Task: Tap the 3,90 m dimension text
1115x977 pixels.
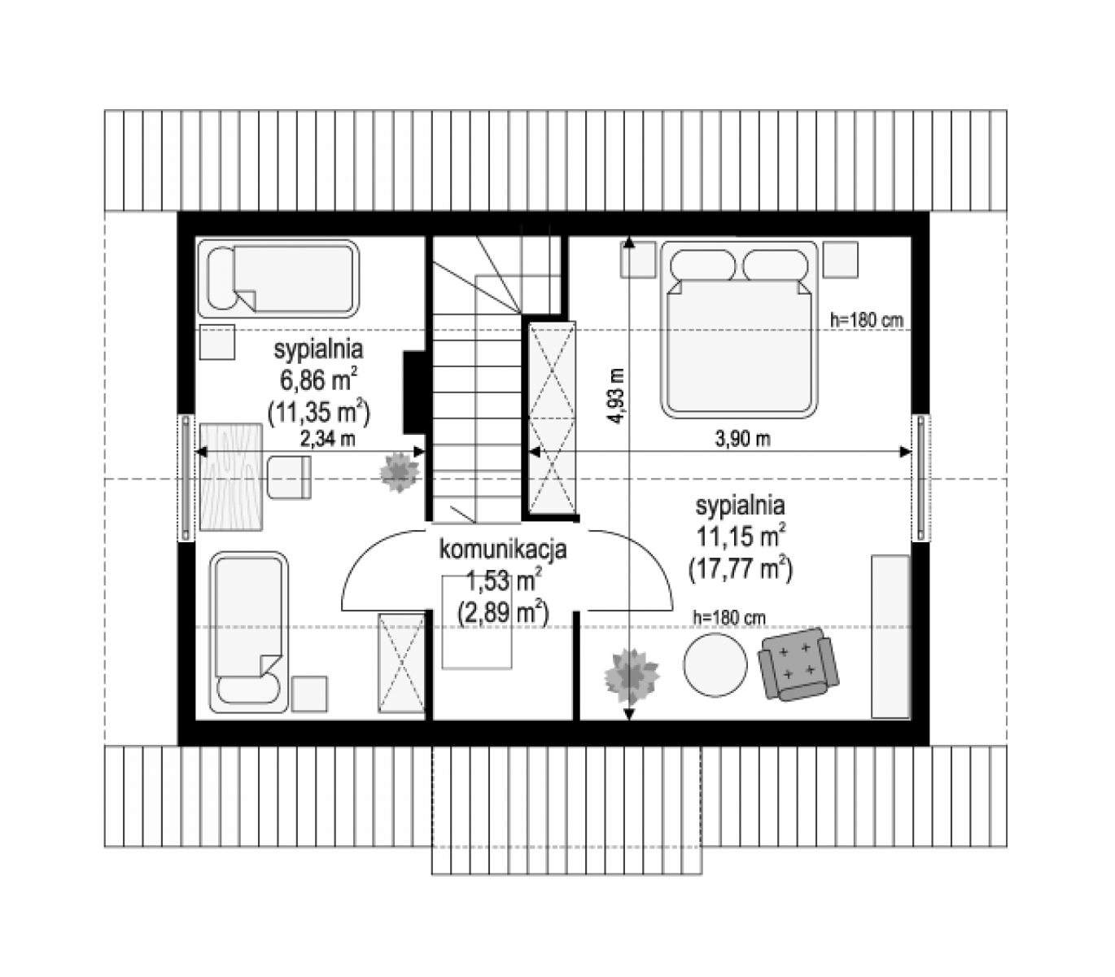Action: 742,439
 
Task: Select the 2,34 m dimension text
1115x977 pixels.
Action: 327,438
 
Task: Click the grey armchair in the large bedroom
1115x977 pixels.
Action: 798,664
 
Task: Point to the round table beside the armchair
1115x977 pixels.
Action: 715,664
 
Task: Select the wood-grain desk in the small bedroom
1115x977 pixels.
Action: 231,476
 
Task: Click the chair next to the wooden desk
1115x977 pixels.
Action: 289,477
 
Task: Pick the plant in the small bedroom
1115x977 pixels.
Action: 400,471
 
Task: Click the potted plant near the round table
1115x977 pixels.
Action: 632,676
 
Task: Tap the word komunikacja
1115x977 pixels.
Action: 502,550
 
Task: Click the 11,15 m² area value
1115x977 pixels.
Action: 741,537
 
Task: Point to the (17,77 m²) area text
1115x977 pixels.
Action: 741,570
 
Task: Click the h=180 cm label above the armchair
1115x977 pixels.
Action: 728,618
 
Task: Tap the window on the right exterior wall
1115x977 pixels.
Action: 920,477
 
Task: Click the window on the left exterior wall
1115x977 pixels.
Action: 186,477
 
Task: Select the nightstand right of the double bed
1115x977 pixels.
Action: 840,260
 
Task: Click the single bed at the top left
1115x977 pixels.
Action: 278,278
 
